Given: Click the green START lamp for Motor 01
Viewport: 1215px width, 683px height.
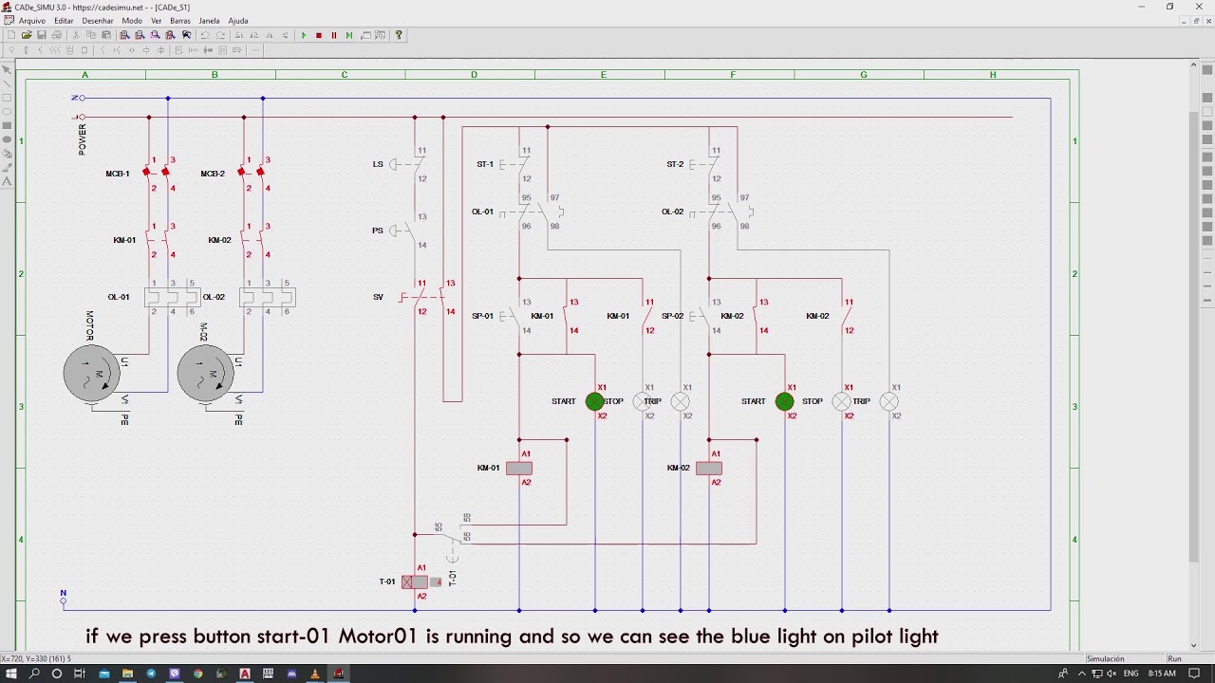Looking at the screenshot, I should (595, 401).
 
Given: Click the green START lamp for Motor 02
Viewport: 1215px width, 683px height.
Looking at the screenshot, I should (785, 401).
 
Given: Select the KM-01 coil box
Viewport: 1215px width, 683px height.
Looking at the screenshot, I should (519, 468).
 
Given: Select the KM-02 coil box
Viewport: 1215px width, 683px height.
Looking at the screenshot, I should (709, 468).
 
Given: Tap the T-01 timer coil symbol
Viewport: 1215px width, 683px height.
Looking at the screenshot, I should (415, 581).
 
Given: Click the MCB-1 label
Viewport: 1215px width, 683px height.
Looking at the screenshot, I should (118, 174).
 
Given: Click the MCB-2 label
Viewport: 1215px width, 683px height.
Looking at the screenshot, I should (213, 174).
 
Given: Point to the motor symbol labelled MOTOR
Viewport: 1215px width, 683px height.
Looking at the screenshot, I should (92, 372).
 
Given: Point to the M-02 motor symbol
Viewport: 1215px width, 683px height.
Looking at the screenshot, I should (206, 372).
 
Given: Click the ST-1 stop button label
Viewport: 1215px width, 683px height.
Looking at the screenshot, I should (485, 164).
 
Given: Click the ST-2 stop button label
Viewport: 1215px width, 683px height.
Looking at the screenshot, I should (675, 164).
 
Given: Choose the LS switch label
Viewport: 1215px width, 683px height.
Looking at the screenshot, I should (378, 164).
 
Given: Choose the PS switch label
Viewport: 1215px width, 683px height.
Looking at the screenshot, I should (378, 231).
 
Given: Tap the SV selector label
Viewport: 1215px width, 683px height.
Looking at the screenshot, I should (378, 297).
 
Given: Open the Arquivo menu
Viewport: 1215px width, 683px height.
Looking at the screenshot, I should (31, 20).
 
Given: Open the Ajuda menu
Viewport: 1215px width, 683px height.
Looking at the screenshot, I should (238, 20).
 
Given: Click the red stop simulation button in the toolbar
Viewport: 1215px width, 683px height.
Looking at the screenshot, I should (319, 35).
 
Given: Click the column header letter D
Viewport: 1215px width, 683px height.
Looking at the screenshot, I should (474, 75).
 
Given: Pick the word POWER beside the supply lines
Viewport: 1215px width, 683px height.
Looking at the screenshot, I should (83, 138).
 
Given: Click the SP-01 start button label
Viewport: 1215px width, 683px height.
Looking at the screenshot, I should (482, 316).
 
